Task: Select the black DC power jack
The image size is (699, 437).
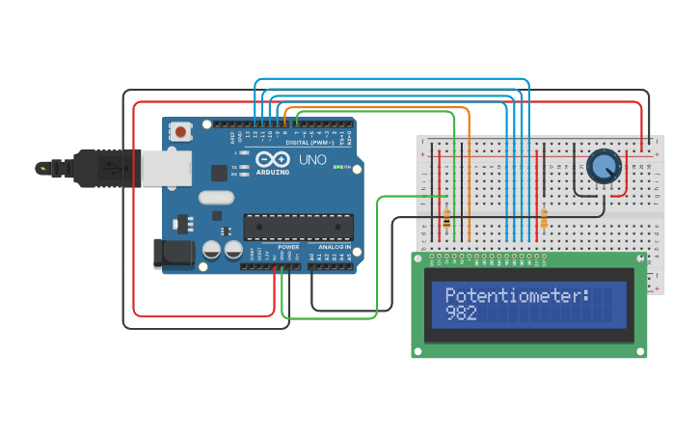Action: (x=170, y=254)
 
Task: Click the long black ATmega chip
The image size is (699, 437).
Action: (x=298, y=226)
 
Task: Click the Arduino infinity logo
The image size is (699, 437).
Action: (x=273, y=159)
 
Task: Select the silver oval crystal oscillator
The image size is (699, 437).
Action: (x=217, y=198)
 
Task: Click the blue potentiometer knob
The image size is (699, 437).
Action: (x=604, y=166)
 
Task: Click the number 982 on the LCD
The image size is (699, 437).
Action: (x=461, y=314)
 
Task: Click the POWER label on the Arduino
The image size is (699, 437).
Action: (x=288, y=247)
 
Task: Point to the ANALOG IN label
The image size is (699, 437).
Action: (x=335, y=247)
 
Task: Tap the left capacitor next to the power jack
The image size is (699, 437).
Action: (x=211, y=249)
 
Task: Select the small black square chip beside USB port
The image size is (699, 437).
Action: (x=219, y=173)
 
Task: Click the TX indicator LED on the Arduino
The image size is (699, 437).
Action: (x=246, y=167)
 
